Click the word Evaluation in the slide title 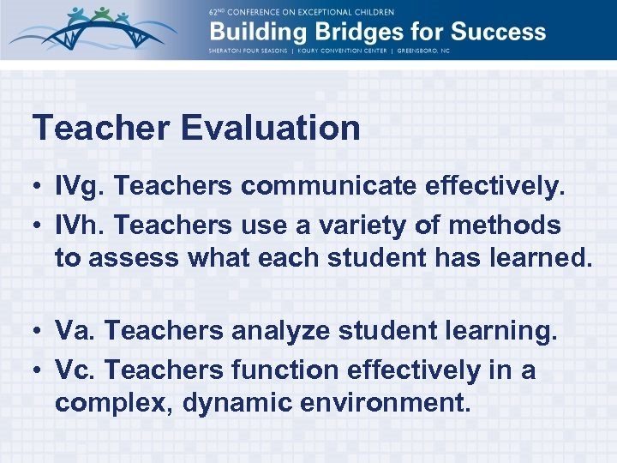point(270,129)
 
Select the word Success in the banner point(494,33)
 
